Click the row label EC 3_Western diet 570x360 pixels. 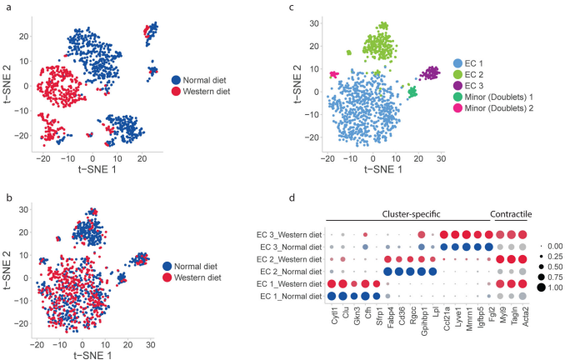pyautogui.click(x=287, y=234)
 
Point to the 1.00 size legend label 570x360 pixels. pyautogui.click(x=555, y=287)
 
